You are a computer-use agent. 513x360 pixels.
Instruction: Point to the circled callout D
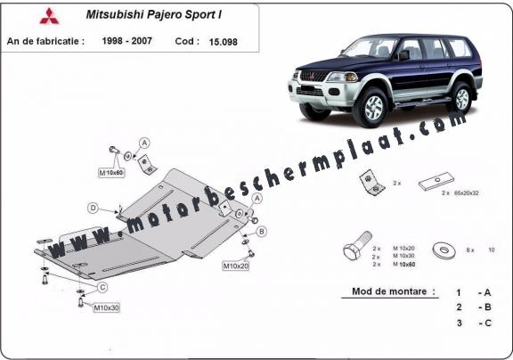(x=93, y=208)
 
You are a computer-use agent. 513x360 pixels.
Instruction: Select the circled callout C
(x=103, y=286)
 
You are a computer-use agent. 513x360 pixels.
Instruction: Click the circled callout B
(x=262, y=231)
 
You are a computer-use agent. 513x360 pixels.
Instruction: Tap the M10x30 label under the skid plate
(x=106, y=308)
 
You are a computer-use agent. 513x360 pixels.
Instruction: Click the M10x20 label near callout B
(x=235, y=265)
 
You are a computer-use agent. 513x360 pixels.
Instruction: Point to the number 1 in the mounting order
(x=458, y=291)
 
